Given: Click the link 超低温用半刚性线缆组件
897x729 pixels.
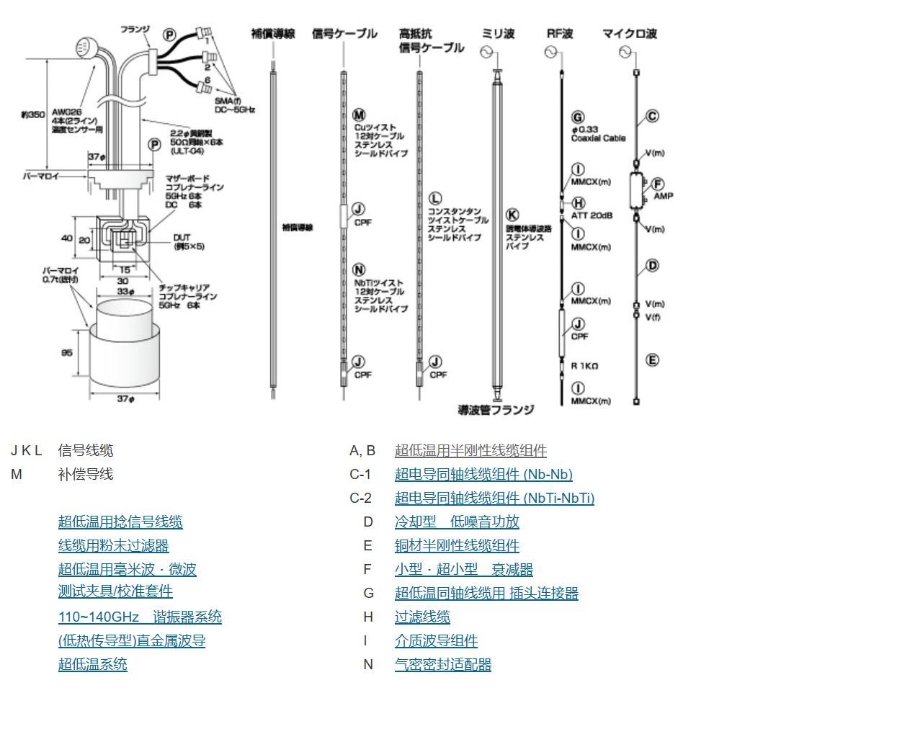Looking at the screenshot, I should tap(470, 451).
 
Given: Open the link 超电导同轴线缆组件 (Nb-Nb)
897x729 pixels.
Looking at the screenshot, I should tap(483, 475).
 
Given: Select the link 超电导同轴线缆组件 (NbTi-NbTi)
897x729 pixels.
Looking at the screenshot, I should tap(494, 498).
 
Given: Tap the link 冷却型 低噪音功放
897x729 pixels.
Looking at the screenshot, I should tap(456, 522).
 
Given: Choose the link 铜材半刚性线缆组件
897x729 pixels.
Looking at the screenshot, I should tap(457, 546).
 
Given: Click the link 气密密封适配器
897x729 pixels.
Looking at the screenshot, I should tap(442, 665).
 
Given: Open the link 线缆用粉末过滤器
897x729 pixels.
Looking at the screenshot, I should tap(113, 546).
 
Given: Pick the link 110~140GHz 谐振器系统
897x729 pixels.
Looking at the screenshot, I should tap(140, 617).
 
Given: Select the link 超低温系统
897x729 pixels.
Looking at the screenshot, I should tap(92, 664).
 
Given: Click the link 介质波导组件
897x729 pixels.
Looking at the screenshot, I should tap(436, 641).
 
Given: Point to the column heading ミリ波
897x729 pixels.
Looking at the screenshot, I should tap(498, 34).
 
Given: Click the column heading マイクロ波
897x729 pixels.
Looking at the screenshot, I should tap(629, 34).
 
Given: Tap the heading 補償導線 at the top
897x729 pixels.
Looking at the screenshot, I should tap(273, 34).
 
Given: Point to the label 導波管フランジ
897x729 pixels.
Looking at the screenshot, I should tap(496, 410).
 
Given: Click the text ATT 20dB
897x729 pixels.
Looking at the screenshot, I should tap(592, 215).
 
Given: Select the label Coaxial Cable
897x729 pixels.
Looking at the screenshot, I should tap(598, 138).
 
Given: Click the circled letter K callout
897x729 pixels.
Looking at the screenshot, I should tap(512, 215).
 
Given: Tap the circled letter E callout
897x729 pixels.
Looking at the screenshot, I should tap(652, 360).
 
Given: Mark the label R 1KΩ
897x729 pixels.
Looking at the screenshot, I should tap(584, 366).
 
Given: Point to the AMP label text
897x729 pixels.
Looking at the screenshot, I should tap(663, 196).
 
